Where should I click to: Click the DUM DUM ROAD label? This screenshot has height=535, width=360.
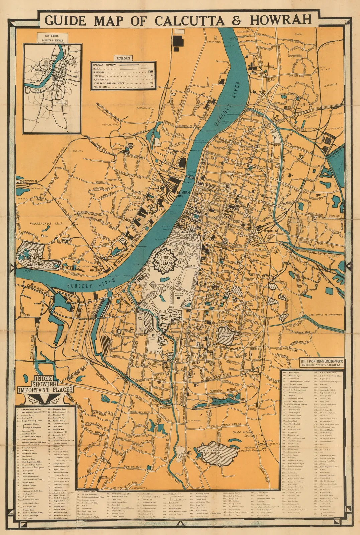[293, 76]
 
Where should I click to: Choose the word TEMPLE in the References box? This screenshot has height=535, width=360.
[98, 76]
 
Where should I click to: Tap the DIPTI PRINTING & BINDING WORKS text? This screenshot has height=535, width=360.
[322, 361]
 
